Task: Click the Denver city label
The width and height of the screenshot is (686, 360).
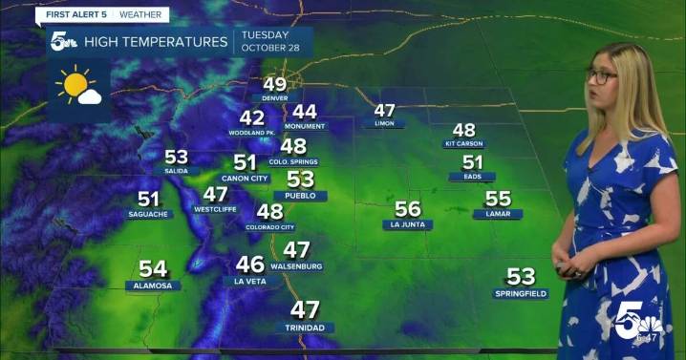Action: pyautogui.click(x=275, y=98)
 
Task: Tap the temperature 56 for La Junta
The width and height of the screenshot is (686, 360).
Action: pyautogui.click(x=408, y=209)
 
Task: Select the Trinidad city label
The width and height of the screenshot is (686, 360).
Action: pyautogui.click(x=305, y=328)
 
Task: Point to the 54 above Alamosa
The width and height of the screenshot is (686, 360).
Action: pyautogui.click(x=153, y=269)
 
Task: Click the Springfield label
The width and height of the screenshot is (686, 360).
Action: pyautogui.click(x=521, y=293)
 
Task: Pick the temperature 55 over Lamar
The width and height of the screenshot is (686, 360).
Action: pyautogui.click(x=498, y=199)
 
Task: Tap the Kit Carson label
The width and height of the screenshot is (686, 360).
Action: pyautogui.click(x=464, y=143)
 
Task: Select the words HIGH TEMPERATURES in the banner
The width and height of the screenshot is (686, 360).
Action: pyautogui.click(x=156, y=42)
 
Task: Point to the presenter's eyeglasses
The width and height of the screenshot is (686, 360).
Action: pyautogui.click(x=602, y=76)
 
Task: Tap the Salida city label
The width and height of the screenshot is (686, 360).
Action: pyautogui.click(x=176, y=170)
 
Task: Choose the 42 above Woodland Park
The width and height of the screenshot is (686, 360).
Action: pyautogui.click(x=252, y=117)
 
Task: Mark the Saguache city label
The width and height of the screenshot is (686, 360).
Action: pyautogui.click(x=148, y=214)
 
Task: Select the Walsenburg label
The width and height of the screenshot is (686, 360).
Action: pyautogui.click(x=296, y=265)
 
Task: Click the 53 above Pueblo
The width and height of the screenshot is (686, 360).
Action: pyautogui.click(x=301, y=180)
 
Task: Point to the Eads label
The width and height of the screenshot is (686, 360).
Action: pyautogui.click(x=472, y=177)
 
